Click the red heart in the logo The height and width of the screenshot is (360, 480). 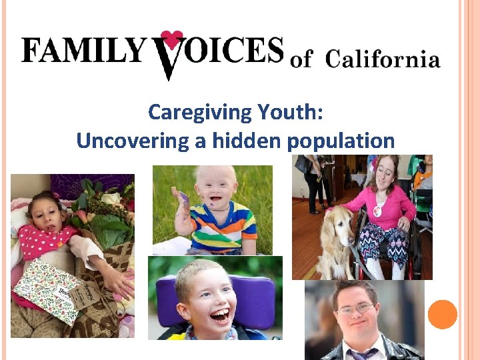point(172,39)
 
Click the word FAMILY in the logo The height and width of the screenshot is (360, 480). point(83,51)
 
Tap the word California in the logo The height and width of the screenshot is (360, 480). point(383,59)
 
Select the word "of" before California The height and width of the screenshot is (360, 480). point(301,60)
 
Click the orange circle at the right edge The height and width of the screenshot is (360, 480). point(442,314)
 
